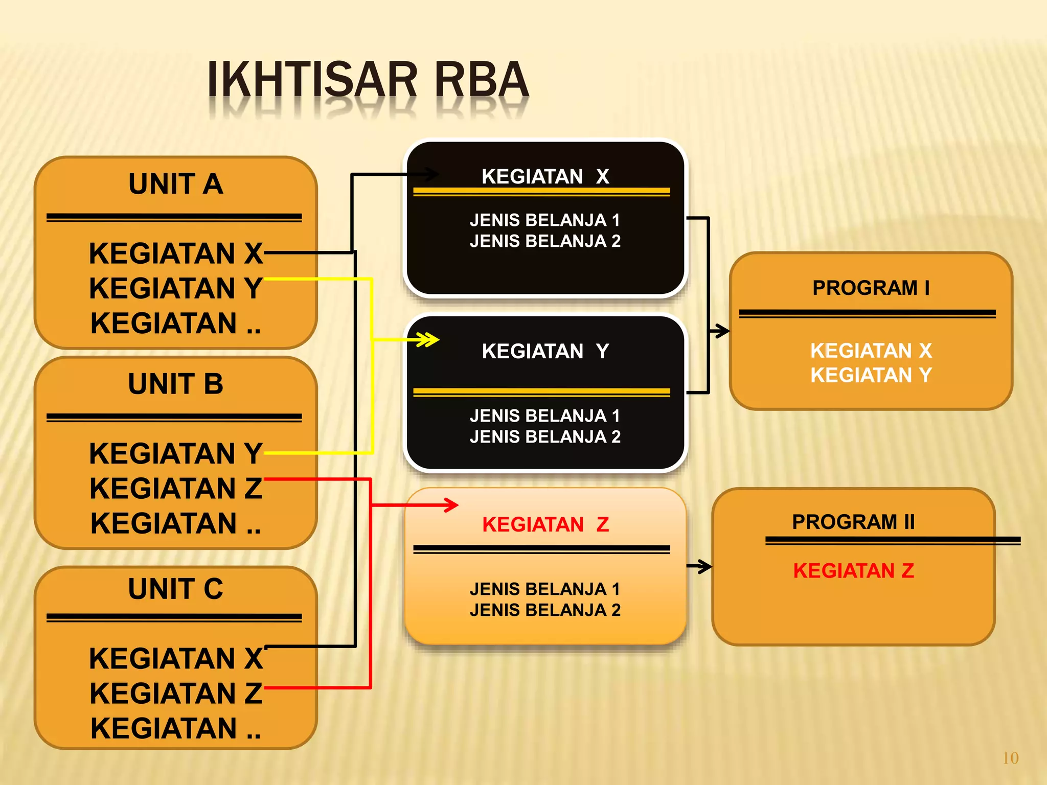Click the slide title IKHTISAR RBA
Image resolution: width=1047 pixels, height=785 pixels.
[367, 80]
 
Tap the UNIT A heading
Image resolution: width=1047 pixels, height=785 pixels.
[175, 184]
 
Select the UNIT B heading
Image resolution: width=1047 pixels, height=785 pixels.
[175, 384]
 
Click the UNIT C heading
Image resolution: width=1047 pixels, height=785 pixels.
[175, 589]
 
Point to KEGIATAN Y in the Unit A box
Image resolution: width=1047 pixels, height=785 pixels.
[175, 288]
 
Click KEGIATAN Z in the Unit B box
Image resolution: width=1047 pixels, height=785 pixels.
[175, 488]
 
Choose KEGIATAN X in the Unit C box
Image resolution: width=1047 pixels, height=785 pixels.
[175, 658]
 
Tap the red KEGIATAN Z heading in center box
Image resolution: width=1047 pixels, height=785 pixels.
[545, 524]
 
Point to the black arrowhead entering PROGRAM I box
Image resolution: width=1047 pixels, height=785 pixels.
[722, 331]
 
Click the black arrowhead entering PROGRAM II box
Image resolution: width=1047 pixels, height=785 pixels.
[705, 566]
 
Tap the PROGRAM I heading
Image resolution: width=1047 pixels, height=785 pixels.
[871, 288]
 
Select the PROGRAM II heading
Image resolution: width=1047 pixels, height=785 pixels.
[853, 522]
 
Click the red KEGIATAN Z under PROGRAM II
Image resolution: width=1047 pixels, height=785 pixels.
[853, 571]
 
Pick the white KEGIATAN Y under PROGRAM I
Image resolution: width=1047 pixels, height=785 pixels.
[871, 375]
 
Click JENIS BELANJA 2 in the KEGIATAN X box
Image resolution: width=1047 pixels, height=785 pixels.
[545, 241]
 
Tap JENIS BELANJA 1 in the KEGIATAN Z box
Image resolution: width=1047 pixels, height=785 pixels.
[545, 589]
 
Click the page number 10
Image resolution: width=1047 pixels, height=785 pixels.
[1010, 758]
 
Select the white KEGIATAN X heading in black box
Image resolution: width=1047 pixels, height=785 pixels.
[545, 176]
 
